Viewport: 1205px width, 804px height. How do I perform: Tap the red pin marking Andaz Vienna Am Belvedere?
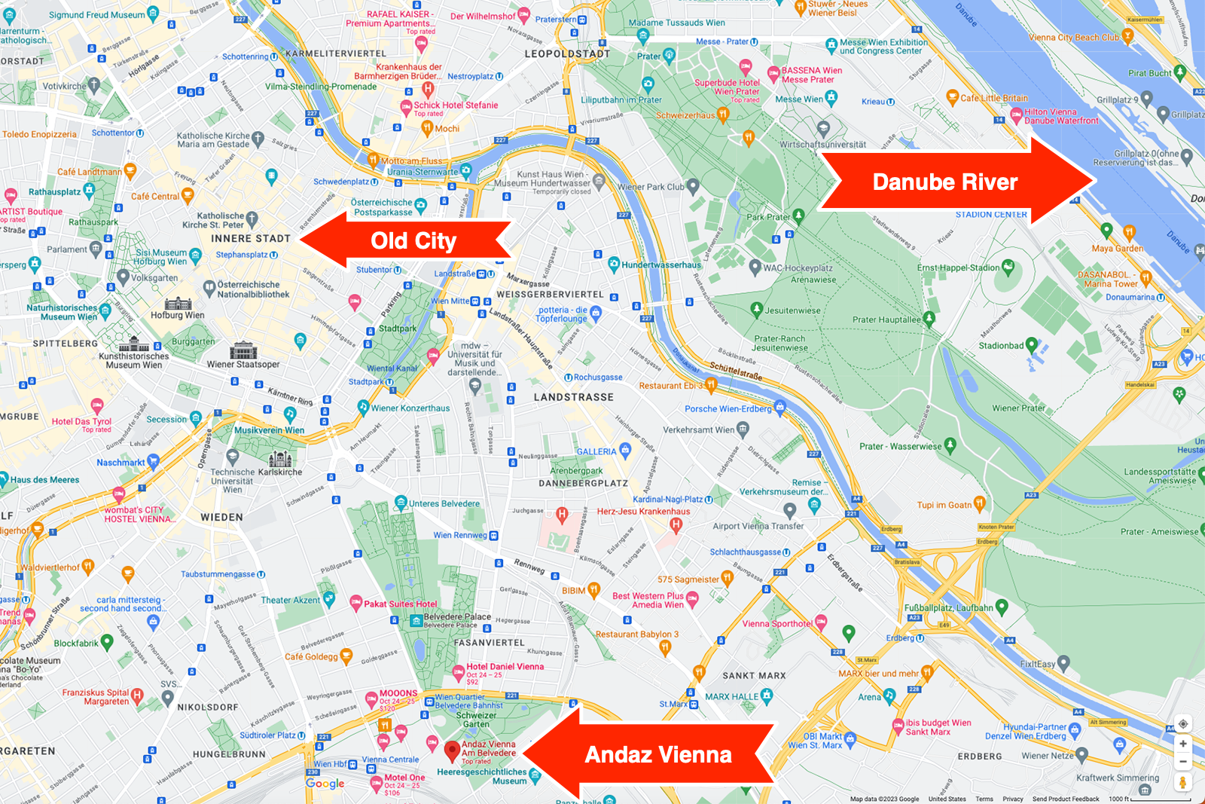452,751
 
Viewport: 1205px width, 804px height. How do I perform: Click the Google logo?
325,784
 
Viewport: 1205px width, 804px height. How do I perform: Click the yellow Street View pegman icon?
1182,782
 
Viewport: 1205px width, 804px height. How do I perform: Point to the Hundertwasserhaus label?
660,265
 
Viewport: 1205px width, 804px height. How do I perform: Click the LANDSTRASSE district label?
574,397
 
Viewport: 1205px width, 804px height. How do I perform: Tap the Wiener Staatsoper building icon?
243,350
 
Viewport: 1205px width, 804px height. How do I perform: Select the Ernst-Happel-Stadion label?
958,267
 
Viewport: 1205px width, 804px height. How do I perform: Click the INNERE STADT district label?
250,238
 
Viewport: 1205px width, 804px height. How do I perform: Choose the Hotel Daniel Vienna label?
505,666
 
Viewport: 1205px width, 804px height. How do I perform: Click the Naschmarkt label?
120,463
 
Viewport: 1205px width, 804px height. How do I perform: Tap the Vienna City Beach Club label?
1073,37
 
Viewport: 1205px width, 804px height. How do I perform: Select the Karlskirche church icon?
280,458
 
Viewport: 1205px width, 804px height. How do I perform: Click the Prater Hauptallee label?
886,319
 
